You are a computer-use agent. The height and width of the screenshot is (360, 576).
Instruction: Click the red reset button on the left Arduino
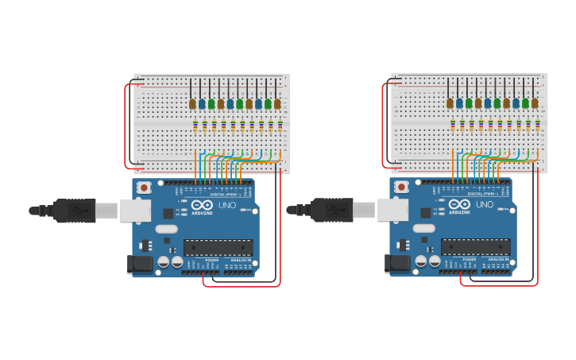pyautogui.click(x=144, y=188)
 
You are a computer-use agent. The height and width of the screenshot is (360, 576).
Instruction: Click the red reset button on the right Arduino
pyautogui.click(x=401, y=188)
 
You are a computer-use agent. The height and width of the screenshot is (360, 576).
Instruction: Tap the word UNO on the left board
pyautogui.click(x=227, y=205)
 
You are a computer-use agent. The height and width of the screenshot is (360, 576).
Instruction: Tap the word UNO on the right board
pyautogui.click(x=485, y=205)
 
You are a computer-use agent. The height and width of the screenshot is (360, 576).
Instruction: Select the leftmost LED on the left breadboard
pyautogui.click(x=192, y=103)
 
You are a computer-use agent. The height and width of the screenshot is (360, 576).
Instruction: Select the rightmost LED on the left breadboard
pyautogui.click(x=277, y=103)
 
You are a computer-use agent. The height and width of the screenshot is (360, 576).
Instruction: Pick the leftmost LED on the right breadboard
pyautogui.click(x=450, y=103)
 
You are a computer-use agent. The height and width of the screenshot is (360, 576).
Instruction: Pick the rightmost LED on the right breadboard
pyautogui.click(x=535, y=103)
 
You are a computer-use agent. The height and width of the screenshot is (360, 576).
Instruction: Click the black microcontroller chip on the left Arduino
pyautogui.click(x=218, y=247)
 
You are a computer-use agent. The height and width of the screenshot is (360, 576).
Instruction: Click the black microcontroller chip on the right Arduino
pyautogui.click(x=476, y=247)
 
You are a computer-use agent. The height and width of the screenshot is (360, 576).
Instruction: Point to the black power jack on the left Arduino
pyautogui.click(x=141, y=264)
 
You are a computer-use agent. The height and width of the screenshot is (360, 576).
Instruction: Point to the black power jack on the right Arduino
pyautogui.click(x=398, y=264)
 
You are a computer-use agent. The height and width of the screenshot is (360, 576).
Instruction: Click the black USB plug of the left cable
pyautogui.click(x=75, y=211)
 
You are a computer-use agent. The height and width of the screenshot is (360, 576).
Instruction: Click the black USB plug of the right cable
pyautogui.click(x=333, y=211)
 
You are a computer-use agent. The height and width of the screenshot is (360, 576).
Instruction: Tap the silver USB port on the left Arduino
pyautogui.click(x=135, y=211)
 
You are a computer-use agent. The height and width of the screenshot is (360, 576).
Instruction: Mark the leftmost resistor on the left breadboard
pyautogui.click(x=195, y=125)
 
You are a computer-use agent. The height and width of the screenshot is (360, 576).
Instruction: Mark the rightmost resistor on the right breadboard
pyautogui.click(x=538, y=125)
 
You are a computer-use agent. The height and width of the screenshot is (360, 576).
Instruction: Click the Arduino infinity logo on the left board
pyautogui.click(x=202, y=205)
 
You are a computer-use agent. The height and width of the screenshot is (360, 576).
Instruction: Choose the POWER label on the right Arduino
pyautogui.click(x=469, y=260)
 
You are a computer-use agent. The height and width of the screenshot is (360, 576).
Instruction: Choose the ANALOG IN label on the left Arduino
pyautogui.click(x=241, y=260)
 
